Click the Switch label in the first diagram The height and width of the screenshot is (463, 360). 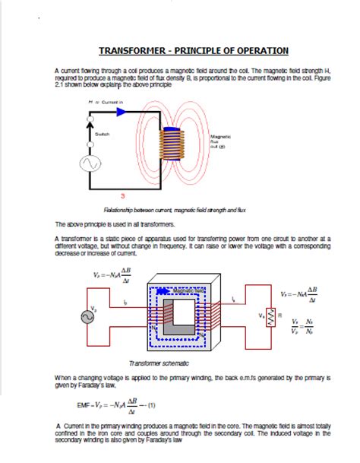click(x=102, y=134)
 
